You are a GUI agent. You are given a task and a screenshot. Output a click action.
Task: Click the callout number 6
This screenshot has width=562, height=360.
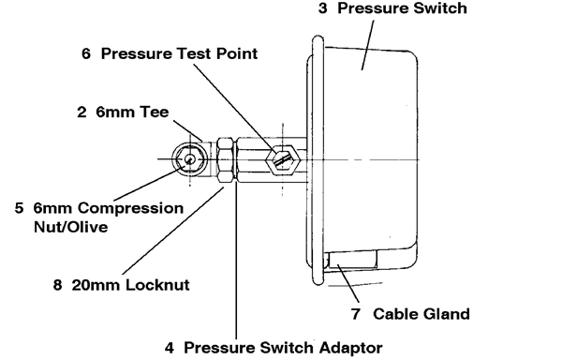86,54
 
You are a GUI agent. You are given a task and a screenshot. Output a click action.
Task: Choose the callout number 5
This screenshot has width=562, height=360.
20,207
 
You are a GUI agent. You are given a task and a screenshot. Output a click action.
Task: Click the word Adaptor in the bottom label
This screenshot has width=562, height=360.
351,347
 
